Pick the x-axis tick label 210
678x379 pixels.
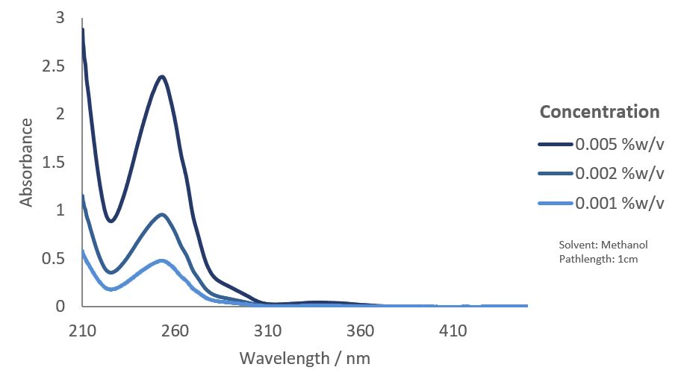pos(83,331)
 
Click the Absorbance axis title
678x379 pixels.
pos(27,162)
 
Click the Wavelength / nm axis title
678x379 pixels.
pos(305,358)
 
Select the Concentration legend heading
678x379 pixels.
pos(600,112)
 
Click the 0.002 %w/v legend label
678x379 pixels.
pos(619,174)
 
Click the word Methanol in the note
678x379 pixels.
pos(624,245)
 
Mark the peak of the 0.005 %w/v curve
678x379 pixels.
pos(161,76)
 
